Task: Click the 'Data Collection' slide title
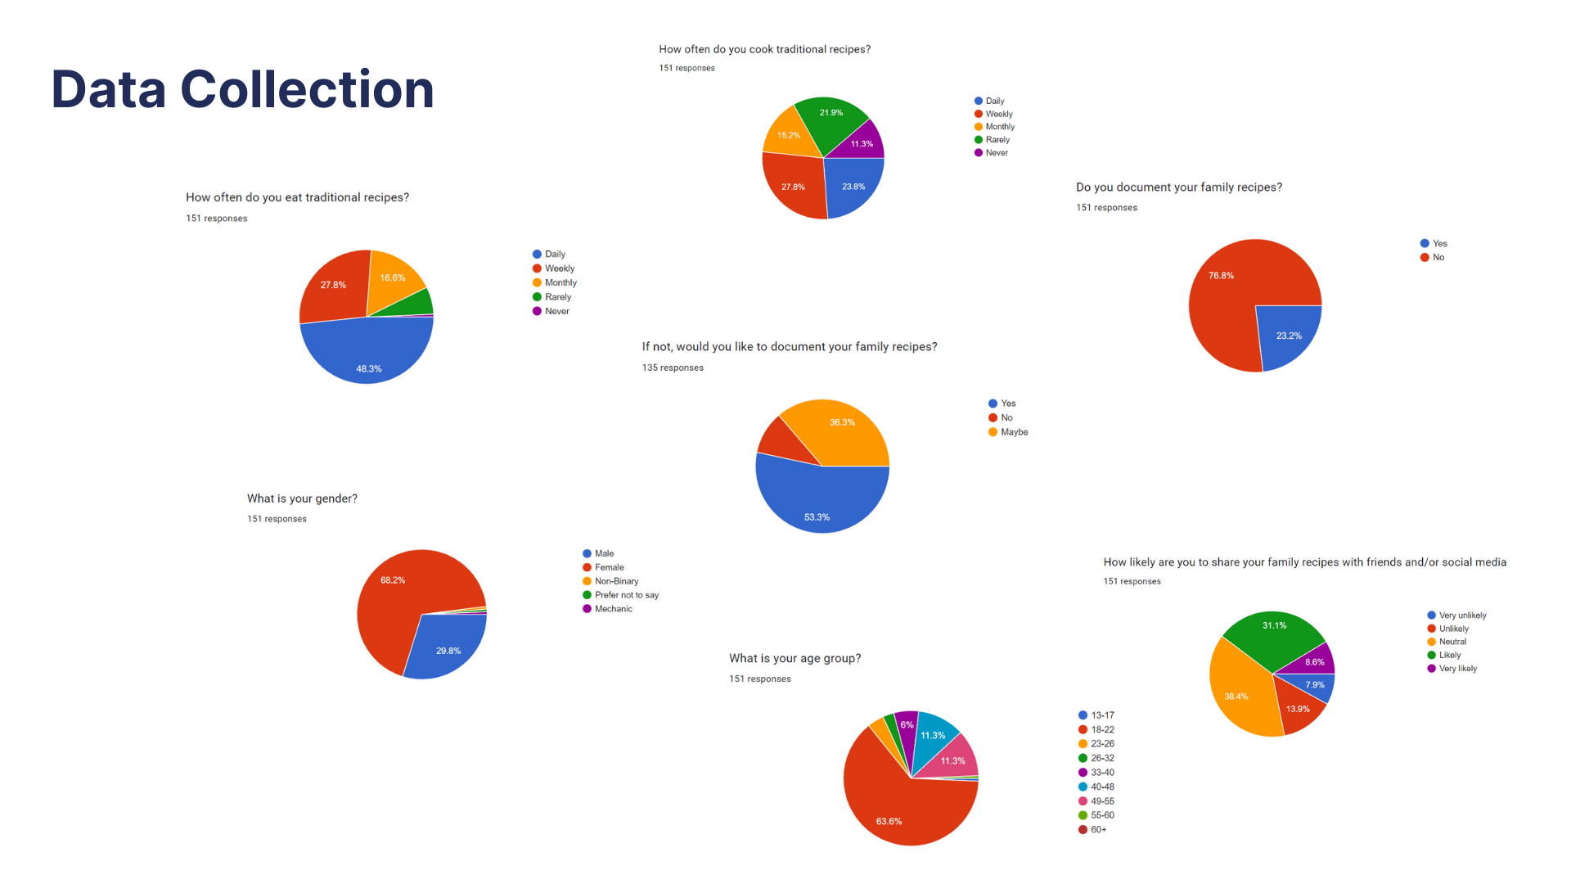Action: (242, 89)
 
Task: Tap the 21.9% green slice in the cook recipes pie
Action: (830, 119)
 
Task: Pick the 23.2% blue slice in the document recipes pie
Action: (1286, 332)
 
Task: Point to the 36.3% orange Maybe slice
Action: (841, 430)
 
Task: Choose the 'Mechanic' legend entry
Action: (613, 609)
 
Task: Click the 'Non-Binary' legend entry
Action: (616, 581)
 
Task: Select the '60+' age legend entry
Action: (1098, 829)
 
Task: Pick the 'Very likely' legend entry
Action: (1457, 669)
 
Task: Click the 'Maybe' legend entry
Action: (1014, 432)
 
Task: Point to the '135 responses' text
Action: (673, 368)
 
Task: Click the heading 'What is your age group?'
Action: (795, 658)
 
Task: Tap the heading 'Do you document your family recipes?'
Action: (1178, 187)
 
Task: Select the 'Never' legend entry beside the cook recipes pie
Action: (996, 153)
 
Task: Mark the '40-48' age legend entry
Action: (1101, 787)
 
